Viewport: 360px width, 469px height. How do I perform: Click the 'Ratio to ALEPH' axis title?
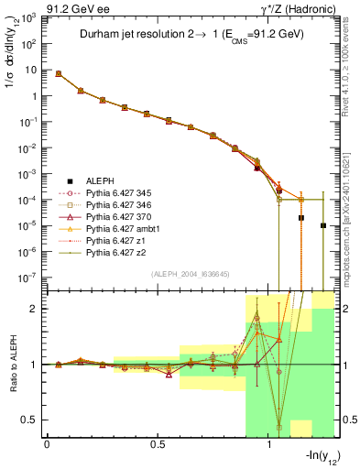[13, 365]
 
